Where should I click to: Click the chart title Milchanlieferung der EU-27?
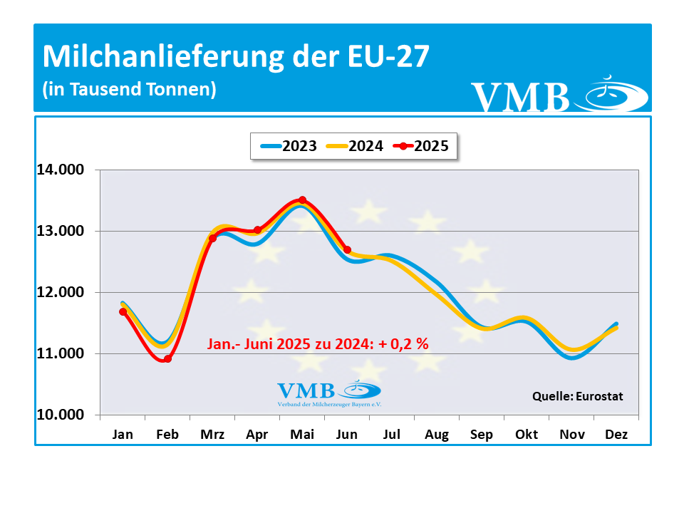click(236, 57)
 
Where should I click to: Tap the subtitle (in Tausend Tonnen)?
click(129, 90)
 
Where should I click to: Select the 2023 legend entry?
click(289, 146)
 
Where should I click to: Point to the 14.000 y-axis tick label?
click(60, 170)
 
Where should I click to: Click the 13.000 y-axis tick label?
click(60, 231)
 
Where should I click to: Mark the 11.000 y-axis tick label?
click(60, 353)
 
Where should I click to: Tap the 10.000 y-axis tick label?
click(60, 415)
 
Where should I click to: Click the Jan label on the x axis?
click(123, 435)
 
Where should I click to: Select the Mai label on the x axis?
click(302, 435)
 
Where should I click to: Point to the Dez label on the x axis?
click(616, 435)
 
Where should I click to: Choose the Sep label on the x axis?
click(482, 435)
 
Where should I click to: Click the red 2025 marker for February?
click(167, 359)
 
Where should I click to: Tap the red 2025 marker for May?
click(302, 200)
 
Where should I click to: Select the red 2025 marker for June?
click(347, 249)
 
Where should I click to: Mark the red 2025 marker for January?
click(123, 311)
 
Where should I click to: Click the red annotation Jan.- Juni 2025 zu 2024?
click(318, 343)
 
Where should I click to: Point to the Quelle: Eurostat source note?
click(578, 396)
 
